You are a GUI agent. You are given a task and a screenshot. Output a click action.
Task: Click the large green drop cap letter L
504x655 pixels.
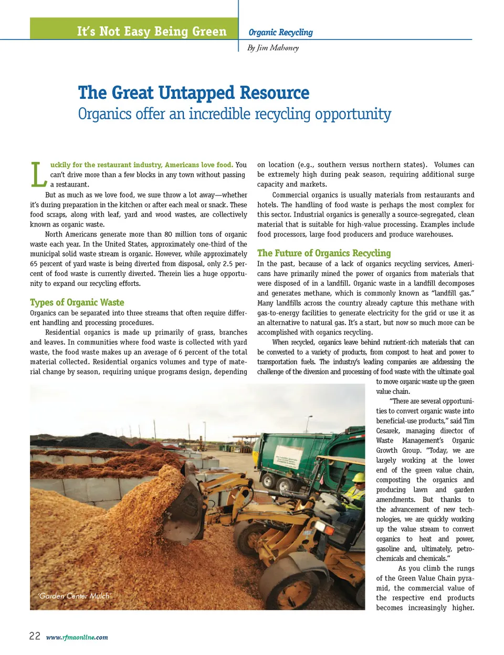[x=38, y=175]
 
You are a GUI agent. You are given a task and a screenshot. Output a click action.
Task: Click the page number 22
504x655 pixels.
[x=35, y=636]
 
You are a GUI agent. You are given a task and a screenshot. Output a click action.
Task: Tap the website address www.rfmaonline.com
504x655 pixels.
[x=77, y=637]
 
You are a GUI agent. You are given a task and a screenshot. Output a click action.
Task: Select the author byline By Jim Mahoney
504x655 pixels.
[x=273, y=48]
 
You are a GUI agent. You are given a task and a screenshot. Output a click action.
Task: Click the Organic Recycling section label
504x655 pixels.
[x=280, y=32]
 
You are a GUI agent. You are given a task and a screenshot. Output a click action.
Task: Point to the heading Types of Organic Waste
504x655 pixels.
[x=77, y=302]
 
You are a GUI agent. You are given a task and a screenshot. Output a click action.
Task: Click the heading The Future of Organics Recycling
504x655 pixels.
[x=324, y=253]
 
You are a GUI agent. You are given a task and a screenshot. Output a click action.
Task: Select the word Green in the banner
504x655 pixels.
[x=209, y=32]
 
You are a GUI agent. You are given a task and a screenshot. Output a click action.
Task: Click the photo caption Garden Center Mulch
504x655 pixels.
[x=74, y=596]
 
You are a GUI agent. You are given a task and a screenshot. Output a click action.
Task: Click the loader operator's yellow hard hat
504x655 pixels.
[x=359, y=477]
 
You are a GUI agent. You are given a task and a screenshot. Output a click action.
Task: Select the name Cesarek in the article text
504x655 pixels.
[x=387, y=431]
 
